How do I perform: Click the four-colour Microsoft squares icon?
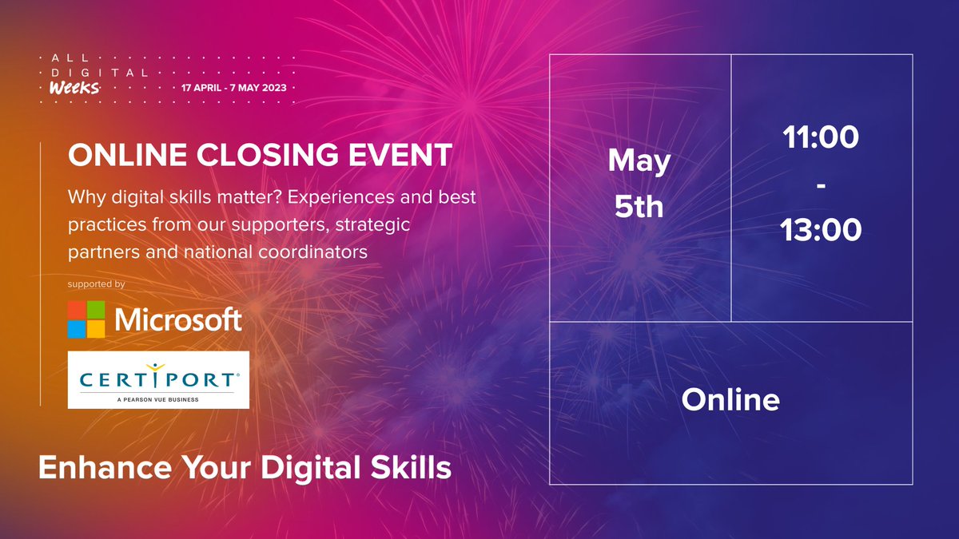tap(86, 319)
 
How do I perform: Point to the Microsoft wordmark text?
tap(178, 319)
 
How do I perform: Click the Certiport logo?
tap(158, 380)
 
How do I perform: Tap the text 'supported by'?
tap(97, 283)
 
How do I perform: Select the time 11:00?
tap(821, 138)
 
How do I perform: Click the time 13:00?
tap(821, 230)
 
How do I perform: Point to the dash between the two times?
tap(821, 185)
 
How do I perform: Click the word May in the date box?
tap(639, 162)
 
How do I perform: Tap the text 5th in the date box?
tap(639, 208)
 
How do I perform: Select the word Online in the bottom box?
tap(730, 399)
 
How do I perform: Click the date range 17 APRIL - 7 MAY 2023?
tap(240, 87)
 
